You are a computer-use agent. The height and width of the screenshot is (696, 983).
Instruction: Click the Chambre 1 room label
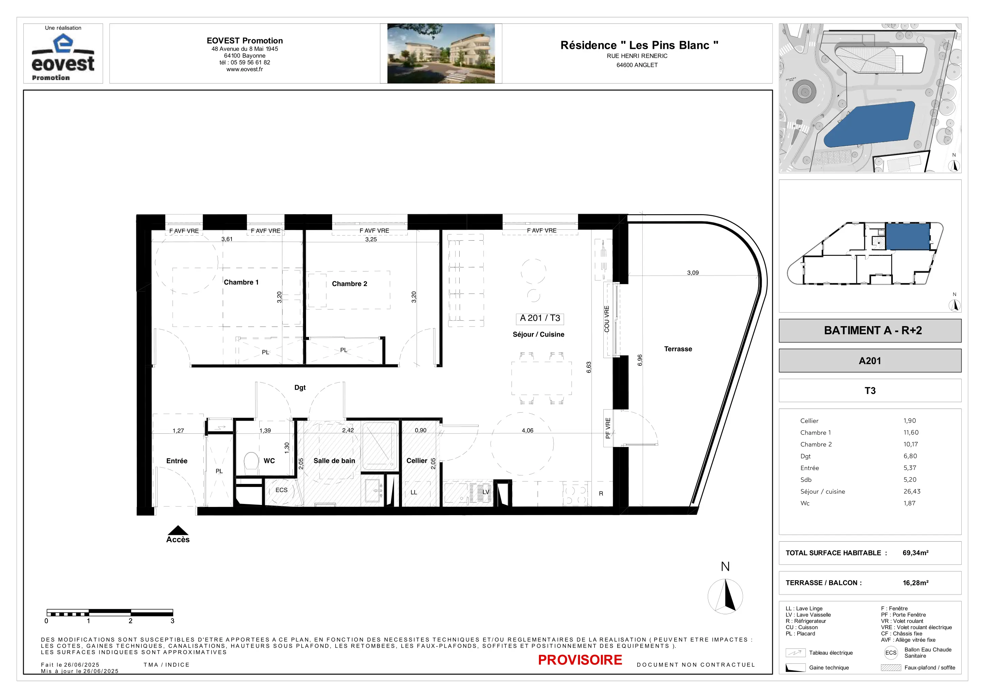coord(241,282)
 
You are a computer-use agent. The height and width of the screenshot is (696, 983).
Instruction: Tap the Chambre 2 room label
coord(349,284)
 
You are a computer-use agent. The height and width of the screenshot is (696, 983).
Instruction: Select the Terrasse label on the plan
coord(678,349)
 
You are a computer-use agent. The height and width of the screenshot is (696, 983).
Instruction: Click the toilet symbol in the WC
coord(251,463)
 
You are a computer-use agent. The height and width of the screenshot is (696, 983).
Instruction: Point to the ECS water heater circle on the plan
coord(281,491)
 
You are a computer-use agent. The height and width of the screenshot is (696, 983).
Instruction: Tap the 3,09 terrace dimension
coord(693,272)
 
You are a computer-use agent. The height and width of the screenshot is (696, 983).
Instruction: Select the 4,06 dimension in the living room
coord(527,430)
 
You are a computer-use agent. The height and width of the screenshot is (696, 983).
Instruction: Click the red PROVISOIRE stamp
coord(580,660)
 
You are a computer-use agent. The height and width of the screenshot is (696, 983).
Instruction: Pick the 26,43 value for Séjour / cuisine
coord(912,492)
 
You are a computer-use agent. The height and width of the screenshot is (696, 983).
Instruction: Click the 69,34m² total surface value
coord(915,553)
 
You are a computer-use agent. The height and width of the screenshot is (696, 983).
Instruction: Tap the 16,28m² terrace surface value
coord(915,583)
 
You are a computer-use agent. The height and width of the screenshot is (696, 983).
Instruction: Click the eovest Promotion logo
coord(63,57)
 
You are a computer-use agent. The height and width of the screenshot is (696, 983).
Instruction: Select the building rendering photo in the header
coord(441,53)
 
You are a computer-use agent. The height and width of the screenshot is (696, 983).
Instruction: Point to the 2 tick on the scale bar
coord(131,621)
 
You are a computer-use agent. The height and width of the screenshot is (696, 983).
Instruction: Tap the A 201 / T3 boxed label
coord(540,318)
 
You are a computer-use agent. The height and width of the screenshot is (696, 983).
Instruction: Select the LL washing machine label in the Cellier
coord(414,492)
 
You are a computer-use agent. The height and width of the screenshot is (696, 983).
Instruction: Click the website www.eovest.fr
coord(244,70)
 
